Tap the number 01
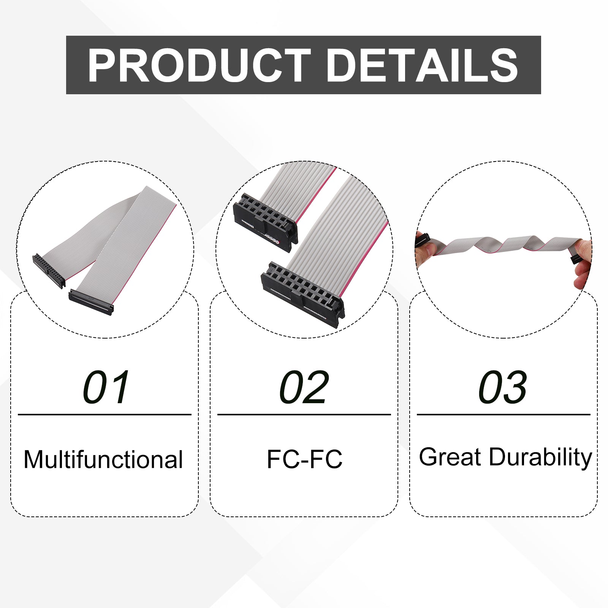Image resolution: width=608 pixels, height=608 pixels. point(106,387)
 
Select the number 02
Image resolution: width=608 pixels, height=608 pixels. point(304,387)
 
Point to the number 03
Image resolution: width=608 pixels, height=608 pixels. point(503,387)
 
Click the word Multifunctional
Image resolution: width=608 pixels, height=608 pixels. point(103,459)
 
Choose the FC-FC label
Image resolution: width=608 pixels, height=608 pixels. point(304,459)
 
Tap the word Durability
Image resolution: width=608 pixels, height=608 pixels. point(540,458)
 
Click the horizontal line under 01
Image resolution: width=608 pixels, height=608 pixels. point(104,415)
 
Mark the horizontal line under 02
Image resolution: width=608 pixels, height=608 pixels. point(304,415)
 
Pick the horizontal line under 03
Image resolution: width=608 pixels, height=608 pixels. point(503,415)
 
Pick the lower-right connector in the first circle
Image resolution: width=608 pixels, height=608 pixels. point(91,302)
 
